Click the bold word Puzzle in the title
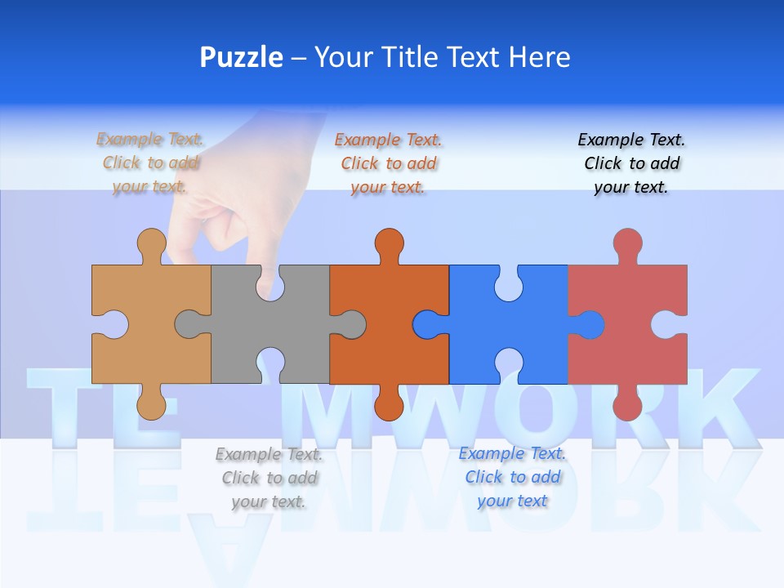coord(241,58)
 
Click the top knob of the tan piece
coord(151,243)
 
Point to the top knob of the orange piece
coord(390,243)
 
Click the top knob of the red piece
coord(627,243)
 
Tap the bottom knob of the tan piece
coord(151,404)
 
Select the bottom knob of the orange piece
coord(390,404)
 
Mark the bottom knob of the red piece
coord(627,404)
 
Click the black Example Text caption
coord(631,163)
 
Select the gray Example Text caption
coord(269,478)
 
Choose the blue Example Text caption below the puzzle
coord(512,477)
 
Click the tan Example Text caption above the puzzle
coord(150,163)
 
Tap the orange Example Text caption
coord(389,163)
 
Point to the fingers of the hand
coord(220,237)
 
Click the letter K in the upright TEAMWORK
coord(723,408)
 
